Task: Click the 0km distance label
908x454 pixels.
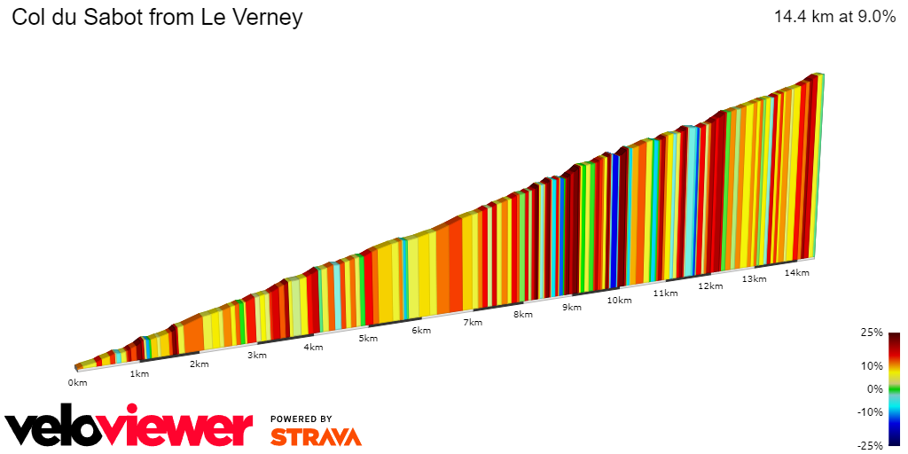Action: point(77,383)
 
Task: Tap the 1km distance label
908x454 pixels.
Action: point(139,373)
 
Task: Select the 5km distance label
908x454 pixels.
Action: point(366,338)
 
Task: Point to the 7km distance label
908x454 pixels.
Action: point(473,322)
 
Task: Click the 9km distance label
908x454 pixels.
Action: point(571,307)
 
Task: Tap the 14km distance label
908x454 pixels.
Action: point(797,272)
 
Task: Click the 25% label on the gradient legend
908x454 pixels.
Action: point(872,333)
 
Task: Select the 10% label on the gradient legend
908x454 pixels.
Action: point(872,365)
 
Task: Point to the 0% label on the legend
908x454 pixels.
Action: point(874,388)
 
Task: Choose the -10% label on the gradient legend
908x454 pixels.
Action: point(870,411)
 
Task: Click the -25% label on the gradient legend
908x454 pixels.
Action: point(870,445)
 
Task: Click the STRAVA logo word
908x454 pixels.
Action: point(316,436)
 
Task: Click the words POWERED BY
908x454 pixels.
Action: point(301,419)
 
